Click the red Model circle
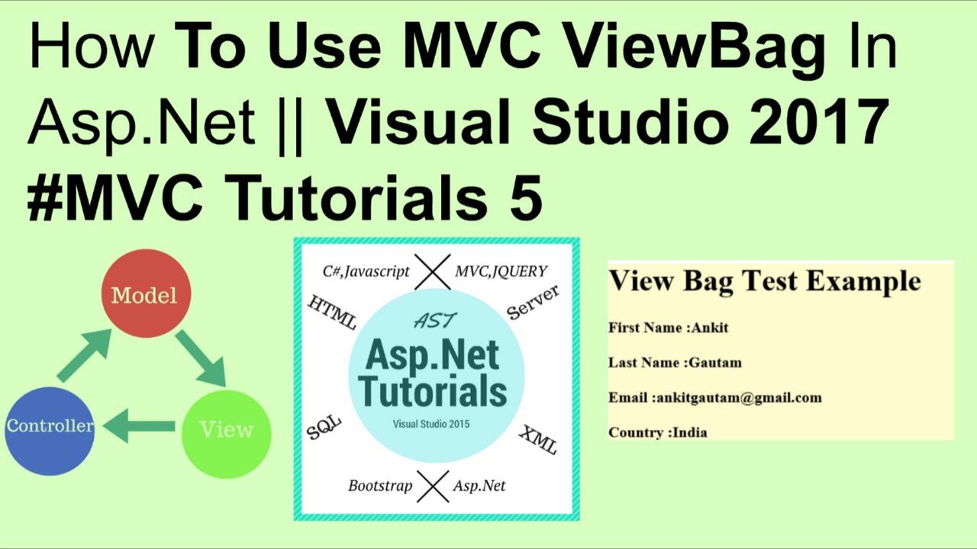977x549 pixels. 145,294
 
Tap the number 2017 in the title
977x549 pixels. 816,122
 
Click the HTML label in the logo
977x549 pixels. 332,312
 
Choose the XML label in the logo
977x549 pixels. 538,439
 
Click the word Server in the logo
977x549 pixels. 533,302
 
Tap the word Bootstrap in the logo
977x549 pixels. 380,486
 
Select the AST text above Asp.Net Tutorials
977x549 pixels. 436,320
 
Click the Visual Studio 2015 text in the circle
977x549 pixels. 431,424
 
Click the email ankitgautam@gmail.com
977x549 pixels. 739,397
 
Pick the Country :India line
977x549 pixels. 658,432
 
